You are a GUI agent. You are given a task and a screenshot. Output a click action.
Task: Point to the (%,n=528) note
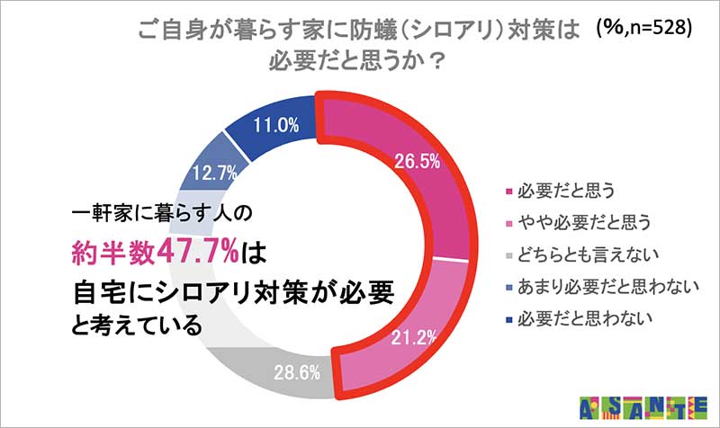pos(643,29)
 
